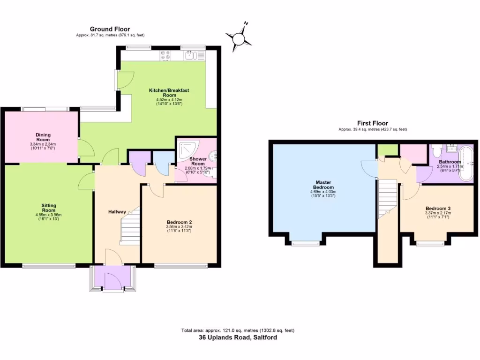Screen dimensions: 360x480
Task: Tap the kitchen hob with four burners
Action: (x=165, y=56)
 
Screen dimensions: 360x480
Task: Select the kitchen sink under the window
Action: (x=190, y=56)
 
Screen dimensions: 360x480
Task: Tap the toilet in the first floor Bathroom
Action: (x=436, y=151)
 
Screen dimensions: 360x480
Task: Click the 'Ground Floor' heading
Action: (x=110, y=29)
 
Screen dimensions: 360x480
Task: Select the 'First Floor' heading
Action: (x=373, y=123)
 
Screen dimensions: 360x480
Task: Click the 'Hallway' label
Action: (x=116, y=212)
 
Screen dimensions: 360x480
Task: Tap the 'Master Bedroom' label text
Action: (x=323, y=185)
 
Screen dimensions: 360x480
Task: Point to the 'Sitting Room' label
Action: (x=49, y=208)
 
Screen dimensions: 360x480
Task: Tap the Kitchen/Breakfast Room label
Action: (x=169, y=92)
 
